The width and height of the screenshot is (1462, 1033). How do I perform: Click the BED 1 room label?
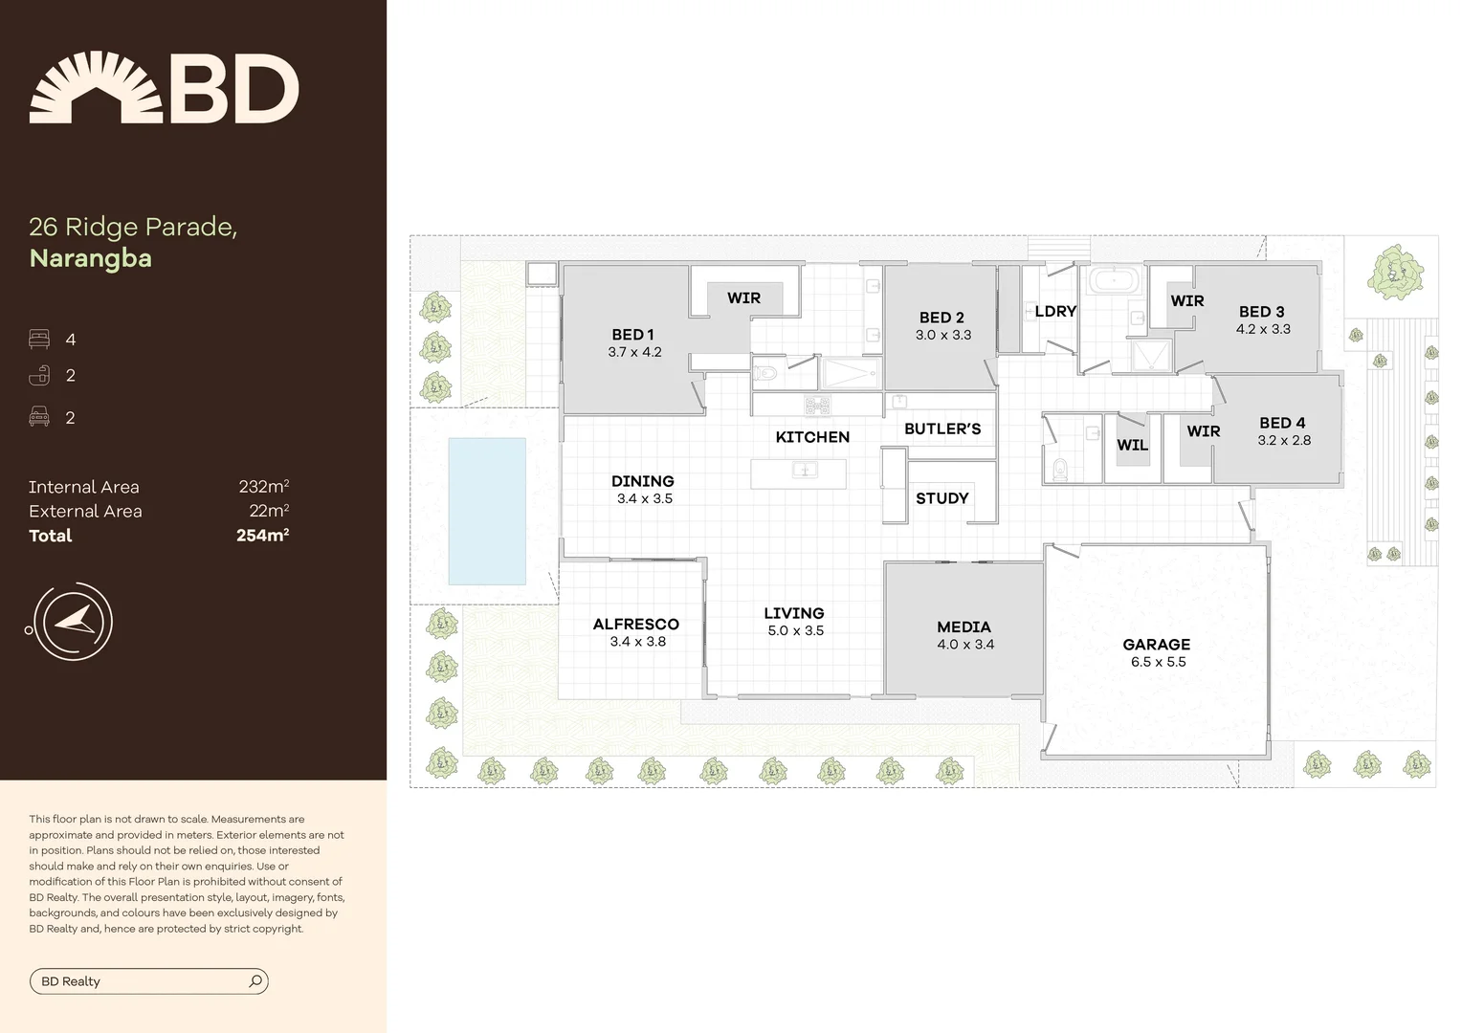click(x=632, y=335)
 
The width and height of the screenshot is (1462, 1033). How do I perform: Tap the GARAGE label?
click(x=1156, y=645)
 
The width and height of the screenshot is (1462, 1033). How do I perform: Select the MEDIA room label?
click(x=964, y=627)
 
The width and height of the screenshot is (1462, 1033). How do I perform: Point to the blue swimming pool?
click(x=487, y=511)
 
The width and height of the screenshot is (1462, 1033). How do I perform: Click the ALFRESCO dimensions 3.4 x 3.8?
click(x=637, y=642)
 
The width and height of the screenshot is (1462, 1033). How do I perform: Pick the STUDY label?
click(x=941, y=498)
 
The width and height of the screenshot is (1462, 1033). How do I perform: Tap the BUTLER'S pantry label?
click(x=941, y=429)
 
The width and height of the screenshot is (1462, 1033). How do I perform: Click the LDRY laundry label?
click(x=1055, y=312)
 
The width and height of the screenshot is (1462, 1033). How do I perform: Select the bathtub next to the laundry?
click(x=1113, y=281)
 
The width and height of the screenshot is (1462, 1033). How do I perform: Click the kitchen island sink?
click(x=804, y=470)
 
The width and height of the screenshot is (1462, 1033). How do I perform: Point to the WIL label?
click(x=1132, y=446)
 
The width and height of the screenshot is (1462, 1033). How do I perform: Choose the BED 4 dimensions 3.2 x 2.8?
click(x=1284, y=441)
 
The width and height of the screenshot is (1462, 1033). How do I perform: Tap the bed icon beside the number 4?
click(x=39, y=340)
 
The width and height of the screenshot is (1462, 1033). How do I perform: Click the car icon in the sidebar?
click(x=39, y=417)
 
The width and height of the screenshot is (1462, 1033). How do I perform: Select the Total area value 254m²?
click(x=262, y=536)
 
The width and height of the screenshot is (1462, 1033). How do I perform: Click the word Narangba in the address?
click(x=91, y=258)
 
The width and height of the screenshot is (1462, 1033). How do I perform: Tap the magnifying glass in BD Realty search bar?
click(x=255, y=981)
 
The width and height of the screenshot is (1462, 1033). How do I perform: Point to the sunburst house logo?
click(x=96, y=88)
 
